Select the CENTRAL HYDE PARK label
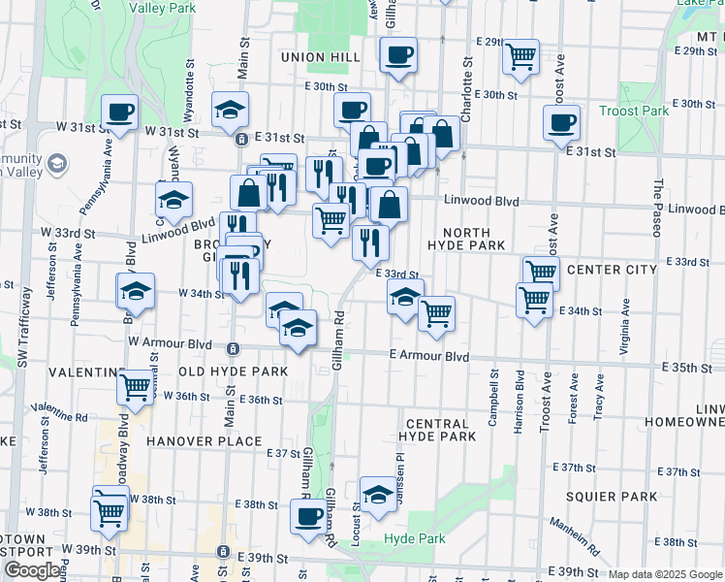[441, 430]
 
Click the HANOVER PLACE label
[205, 440]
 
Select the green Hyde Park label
[414, 538]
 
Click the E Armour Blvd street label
[430, 357]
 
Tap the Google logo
[32, 570]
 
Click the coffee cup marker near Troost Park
[561, 122]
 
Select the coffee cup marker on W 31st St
[119, 112]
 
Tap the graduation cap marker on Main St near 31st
[230, 109]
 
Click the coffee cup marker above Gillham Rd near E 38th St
[309, 515]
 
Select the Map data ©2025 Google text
[664, 574]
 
